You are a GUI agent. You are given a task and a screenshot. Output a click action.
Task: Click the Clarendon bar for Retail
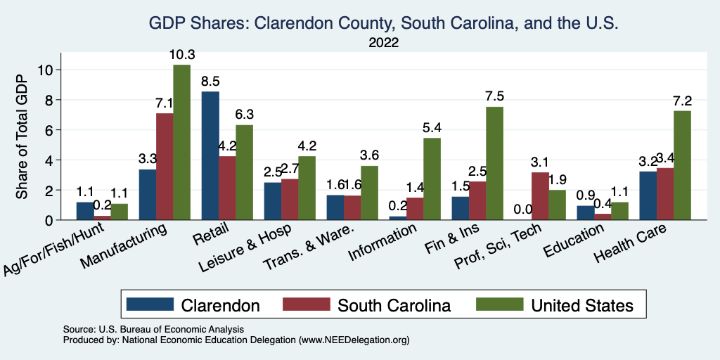point(210,155)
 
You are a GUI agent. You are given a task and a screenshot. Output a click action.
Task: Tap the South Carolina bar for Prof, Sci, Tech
point(540,195)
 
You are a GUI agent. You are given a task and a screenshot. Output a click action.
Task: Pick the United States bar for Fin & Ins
point(494,163)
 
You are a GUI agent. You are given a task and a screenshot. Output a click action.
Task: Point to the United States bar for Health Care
point(682,165)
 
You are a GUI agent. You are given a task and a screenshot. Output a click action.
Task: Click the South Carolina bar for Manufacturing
point(165,167)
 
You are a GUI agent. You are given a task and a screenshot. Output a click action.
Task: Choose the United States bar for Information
point(432,179)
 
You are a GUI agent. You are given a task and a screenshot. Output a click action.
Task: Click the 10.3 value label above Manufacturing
point(181,55)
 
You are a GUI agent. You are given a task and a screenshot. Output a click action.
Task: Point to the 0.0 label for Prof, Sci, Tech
point(522,210)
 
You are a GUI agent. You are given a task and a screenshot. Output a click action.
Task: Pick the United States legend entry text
point(581,305)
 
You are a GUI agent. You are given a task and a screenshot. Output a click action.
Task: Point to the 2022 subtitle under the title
point(383,42)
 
